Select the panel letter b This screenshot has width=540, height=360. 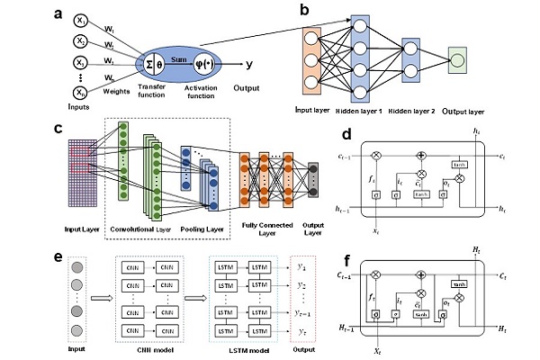click(305, 13)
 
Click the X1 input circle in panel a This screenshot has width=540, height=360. click(81, 19)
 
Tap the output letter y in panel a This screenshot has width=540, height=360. click(247, 64)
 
